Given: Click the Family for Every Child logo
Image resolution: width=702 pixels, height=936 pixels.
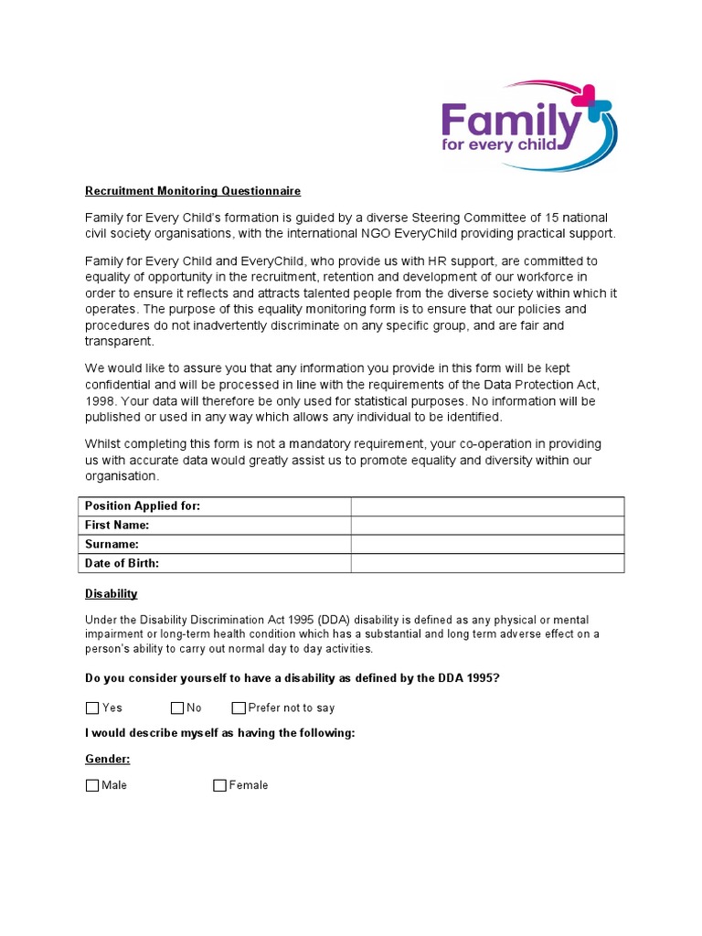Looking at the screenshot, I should coord(528,127).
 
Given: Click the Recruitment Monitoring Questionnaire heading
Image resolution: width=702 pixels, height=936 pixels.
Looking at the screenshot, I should coord(193,191).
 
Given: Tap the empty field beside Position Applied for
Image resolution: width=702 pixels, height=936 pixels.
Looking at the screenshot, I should coord(487,506).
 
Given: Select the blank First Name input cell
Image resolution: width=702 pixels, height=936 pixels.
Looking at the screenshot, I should coord(487,526).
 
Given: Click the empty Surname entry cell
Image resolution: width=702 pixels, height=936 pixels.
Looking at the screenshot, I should coord(487,545).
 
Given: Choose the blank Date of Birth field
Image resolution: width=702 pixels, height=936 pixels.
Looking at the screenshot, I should coord(487,563).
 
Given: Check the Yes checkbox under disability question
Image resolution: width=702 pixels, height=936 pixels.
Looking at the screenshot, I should coord(92,707).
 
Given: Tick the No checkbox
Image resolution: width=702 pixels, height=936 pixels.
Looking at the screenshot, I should coord(177,707).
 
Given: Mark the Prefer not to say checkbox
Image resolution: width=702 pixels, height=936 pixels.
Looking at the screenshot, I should coord(239,707).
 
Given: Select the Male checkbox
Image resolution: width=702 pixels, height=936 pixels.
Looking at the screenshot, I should coord(92,785).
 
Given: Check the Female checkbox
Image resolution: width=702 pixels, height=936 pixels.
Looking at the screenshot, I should coord(219,785).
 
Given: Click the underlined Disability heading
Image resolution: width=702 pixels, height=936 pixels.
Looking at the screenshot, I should coord(112,593).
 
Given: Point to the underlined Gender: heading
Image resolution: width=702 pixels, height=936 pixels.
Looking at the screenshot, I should coord(108,759).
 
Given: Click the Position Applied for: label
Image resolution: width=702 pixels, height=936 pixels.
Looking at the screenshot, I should coord(143,506).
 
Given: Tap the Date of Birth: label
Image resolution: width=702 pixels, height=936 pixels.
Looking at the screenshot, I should coord(122,563).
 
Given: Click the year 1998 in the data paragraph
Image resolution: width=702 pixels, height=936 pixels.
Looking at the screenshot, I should coord(101,401).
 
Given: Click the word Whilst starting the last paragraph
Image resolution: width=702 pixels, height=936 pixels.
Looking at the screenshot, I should coord(103,444).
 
